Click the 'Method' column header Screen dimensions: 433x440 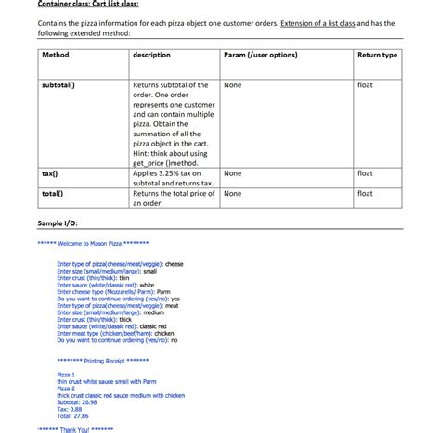pos(57,56)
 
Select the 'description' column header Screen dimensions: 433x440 pos(152,56)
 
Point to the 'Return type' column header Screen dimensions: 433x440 pos(377,56)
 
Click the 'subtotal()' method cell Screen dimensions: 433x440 pos(59,84)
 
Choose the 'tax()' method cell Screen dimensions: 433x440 pos(50,173)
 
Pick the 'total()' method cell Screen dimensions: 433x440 pos(52,193)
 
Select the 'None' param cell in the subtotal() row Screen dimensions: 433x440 pos(233,84)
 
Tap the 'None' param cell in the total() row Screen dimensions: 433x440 pos(233,193)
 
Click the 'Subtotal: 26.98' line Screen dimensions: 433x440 pos(84,401)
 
